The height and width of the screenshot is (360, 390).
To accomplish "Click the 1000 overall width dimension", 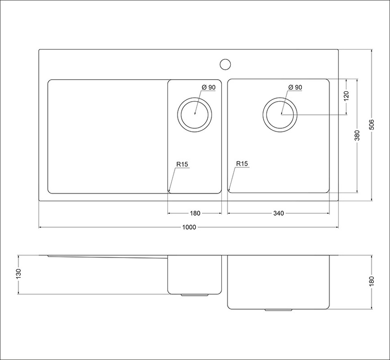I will pyautogui.click(x=189, y=227).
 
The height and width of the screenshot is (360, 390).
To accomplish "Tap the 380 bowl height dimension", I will pyautogui.click(x=357, y=135).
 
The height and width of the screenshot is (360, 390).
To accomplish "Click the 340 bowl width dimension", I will pyautogui.click(x=279, y=213).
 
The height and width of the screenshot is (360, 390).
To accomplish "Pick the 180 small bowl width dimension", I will pyautogui.click(x=195, y=213).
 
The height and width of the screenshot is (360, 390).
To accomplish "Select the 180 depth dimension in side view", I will pyautogui.click(x=371, y=281).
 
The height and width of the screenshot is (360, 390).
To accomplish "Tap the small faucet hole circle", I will pyautogui.click(x=225, y=64).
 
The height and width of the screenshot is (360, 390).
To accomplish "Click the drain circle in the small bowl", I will pyautogui.click(x=195, y=114).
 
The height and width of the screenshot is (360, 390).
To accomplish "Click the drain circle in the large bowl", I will pyautogui.click(x=280, y=114).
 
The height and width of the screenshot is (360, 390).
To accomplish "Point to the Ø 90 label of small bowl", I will pyautogui.click(x=208, y=87).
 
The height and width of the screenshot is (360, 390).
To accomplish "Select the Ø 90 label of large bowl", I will pyautogui.click(x=295, y=87).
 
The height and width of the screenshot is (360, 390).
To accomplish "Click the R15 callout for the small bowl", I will pyautogui.click(x=182, y=165).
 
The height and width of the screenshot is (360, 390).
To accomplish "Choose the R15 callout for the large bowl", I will pyautogui.click(x=242, y=164).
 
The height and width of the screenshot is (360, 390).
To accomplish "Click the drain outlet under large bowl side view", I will pyautogui.click(x=278, y=310).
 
